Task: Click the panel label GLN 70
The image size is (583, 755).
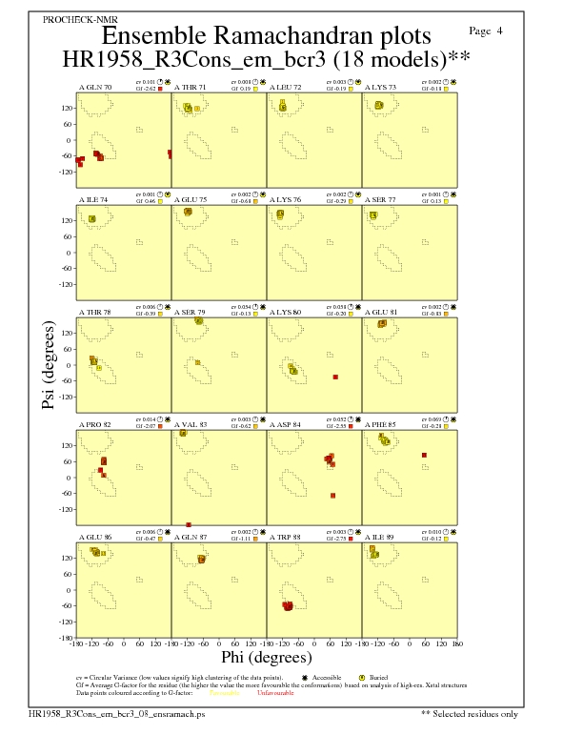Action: (x=95, y=87)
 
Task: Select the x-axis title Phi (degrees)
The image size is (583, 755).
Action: (x=267, y=658)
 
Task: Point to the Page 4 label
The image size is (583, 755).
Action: (x=487, y=31)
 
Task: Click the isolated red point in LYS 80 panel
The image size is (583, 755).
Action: (x=335, y=377)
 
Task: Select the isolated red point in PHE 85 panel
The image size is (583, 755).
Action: (x=424, y=455)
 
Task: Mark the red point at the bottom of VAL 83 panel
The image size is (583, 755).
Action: (x=189, y=524)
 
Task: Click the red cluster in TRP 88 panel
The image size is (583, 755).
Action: (x=288, y=605)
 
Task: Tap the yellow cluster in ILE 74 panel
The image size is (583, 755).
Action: (x=92, y=219)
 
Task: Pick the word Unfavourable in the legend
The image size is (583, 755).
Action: (x=276, y=692)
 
